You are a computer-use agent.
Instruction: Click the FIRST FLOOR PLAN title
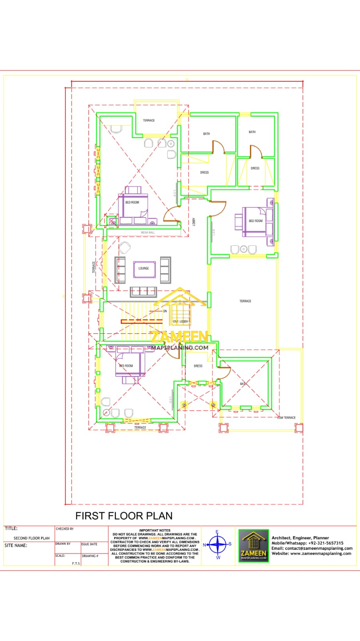click(x=124, y=516)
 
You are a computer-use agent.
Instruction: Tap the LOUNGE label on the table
click(x=144, y=268)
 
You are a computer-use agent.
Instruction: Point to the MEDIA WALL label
click(x=148, y=232)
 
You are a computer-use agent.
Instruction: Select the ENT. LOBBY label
click(x=180, y=321)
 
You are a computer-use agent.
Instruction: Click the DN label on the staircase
click(x=165, y=311)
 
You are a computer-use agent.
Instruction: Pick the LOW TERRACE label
click(x=287, y=417)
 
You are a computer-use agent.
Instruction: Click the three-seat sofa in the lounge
click(x=143, y=292)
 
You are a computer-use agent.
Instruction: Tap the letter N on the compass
click(x=204, y=545)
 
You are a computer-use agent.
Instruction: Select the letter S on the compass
click(x=230, y=544)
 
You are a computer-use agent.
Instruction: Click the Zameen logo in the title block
click(x=253, y=546)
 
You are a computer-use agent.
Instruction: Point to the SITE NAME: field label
click(x=16, y=545)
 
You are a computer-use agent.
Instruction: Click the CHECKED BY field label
click(x=65, y=529)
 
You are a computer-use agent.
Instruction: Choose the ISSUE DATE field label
click(x=89, y=544)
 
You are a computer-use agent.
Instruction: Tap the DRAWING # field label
click(x=90, y=556)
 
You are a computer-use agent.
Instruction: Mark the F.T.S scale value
click(x=76, y=563)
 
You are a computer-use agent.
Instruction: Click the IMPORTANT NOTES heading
click(x=155, y=530)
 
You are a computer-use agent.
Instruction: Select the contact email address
click(x=319, y=548)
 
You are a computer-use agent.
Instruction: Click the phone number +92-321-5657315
click(x=326, y=543)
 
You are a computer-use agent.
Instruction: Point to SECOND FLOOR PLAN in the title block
click(x=32, y=538)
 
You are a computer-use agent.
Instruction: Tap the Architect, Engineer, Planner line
click(x=300, y=538)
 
